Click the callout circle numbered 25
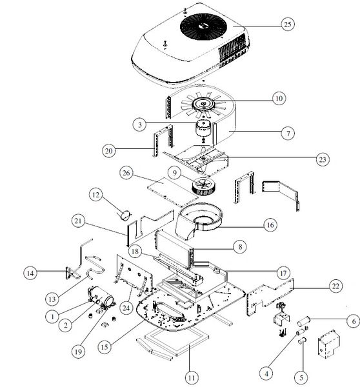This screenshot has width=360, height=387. click(x=288, y=25)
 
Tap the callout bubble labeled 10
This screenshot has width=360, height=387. click(x=279, y=98)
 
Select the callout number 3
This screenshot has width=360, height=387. click(x=139, y=124)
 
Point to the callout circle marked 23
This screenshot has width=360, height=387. click(x=323, y=159)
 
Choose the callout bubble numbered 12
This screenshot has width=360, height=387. click(x=95, y=195)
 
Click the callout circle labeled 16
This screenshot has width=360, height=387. click(x=270, y=225)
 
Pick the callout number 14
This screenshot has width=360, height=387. click(x=30, y=273)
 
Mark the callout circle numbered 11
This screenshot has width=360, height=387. click(x=192, y=377)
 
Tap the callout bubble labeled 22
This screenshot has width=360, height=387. click(x=335, y=286)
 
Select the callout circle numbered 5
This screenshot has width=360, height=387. click(x=301, y=377)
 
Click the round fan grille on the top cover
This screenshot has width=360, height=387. click(x=203, y=26)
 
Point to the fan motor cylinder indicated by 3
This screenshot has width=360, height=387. click(x=204, y=128)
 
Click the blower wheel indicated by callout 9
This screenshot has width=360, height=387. click(x=203, y=186)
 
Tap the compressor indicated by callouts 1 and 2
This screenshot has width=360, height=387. click(x=101, y=297)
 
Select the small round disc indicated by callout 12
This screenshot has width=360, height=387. click(x=125, y=215)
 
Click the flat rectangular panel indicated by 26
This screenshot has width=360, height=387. click(x=173, y=192)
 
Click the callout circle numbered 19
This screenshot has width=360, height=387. click(x=78, y=352)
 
